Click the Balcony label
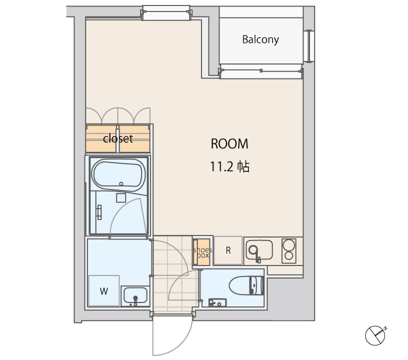pyautogui.click(x=260, y=39)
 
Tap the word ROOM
pyautogui.click(x=229, y=144)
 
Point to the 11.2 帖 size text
pyautogui.click(x=230, y=166)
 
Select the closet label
pyautogui.click(x=118, y=138)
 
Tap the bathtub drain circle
pyautogui.click(x=121, y=183)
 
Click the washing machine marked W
pyautogui.click(x=104, y=290)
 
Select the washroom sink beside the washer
pyautogui.click(x=135, y=296)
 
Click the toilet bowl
pyautogui.click(x=246, y=285)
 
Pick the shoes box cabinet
pyautogui.click(x=202, y=252)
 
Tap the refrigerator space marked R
pyautogui.click(x=228, y=250)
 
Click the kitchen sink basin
pyautogui.click(x=259, y=250)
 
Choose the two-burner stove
pyautogui.click(x=289, y=251)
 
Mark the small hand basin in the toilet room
pyautogui.click(x=217, y=303)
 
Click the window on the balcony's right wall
pyautogui.click(x=309, y=46)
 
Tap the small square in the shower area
pyautogui.click(x=121, y=197)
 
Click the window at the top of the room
pyautogui.click(x=166, y=13)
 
